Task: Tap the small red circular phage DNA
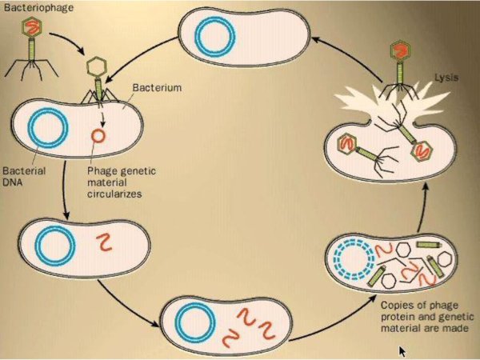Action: coord(97,137)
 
